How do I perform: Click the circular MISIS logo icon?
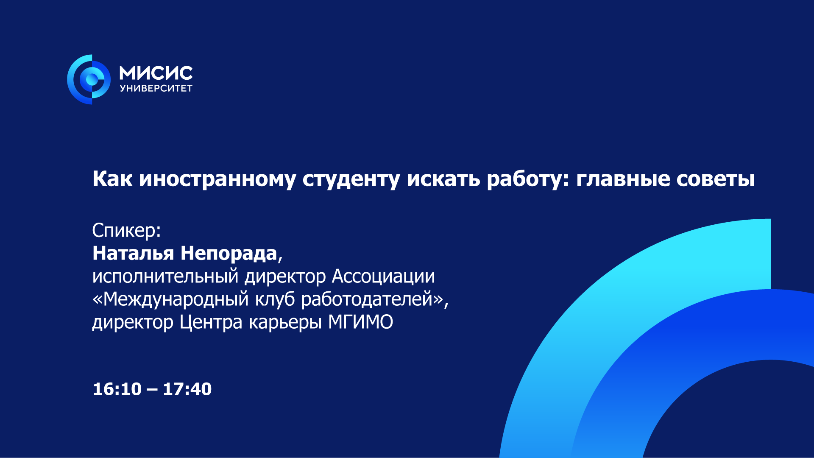pos(89,79)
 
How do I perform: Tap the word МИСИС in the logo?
pos(156,73)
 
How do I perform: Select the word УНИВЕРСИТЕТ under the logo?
pos(156,88)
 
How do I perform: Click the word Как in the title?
pos(112,179)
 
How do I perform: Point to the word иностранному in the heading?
pos(217,179)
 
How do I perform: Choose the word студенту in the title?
pos(351,179)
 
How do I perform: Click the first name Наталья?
pos(133,253)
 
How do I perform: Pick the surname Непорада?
pos(229,254)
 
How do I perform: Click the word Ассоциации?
pos(383,277)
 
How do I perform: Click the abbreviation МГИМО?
pos(361,322)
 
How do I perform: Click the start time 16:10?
pos(117,389)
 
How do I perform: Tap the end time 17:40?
pos(187,389)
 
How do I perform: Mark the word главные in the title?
pos(623,179)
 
